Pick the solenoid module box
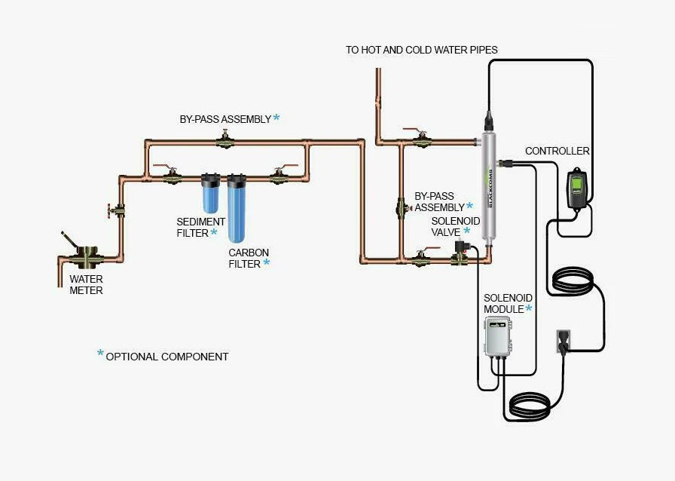tap(497, 336)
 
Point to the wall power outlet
tap(563, 341)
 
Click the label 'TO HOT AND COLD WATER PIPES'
tap(422, 50)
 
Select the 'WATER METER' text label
tap(87, 284)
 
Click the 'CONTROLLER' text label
tap(557, 152)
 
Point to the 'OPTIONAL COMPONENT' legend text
tap(167, 357)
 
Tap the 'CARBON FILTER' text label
tap(248, 258)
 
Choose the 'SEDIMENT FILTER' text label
tap(200, 227)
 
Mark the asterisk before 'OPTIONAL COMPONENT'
tap(100, 354)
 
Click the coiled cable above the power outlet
tap(576, 283)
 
